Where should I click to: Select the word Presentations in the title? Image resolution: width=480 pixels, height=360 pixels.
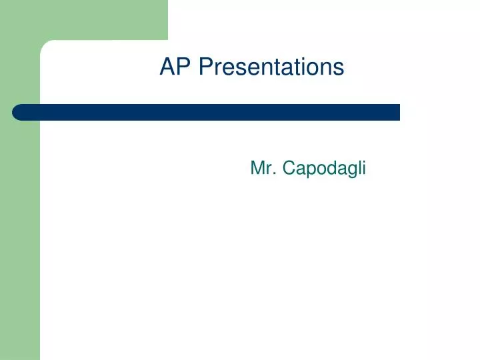[x=271, y=67]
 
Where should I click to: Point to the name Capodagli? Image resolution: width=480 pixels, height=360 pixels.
[x=325, y=169]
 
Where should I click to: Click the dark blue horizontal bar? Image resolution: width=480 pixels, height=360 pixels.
[x=207, y=112]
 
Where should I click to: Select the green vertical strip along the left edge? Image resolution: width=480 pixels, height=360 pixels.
[x=19, y=233]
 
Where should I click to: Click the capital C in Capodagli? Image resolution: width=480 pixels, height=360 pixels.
[x=288, y=169]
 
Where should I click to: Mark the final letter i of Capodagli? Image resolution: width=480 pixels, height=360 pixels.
[x=363, y=169]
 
